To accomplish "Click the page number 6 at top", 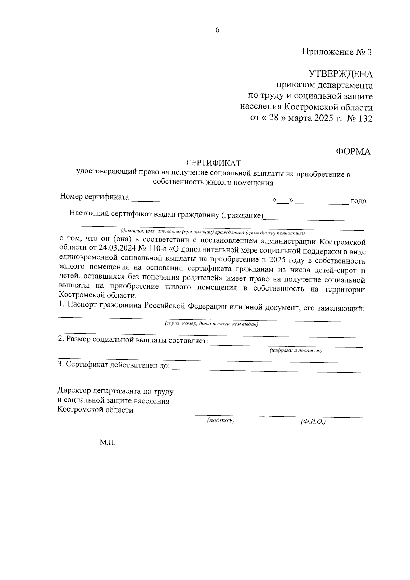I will click(x=217, y=30).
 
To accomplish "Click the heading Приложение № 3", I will click(x=336, y=52).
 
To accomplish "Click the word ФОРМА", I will click(x=353, y=152).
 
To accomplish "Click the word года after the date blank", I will click(x=358, y=201).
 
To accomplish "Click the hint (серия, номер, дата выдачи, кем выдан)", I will click(x=211, y=324).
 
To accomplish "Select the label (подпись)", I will click(x=221, y=421).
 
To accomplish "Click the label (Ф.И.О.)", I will click(x=313, y=422).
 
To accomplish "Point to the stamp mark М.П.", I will click(x=108, y=443).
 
